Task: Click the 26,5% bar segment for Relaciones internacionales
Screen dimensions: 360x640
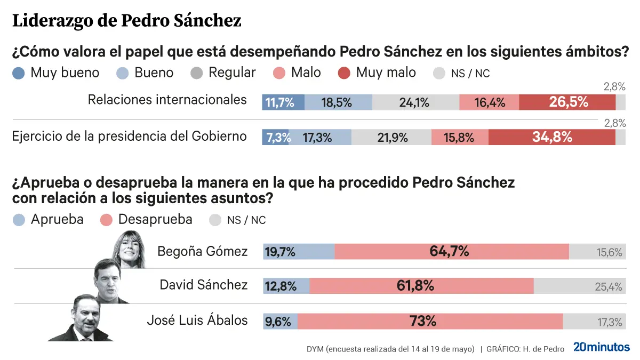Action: click(x=567, y=102)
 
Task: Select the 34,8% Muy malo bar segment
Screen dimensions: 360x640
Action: click(x=551, y=137)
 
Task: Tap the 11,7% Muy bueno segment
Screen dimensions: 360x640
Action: click(x=283, y=102)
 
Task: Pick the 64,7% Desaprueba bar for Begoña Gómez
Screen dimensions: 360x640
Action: click(x=451, y=251)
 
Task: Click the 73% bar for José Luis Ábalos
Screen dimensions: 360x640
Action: click(x=430, y=321)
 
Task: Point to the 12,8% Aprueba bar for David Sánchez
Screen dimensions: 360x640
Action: click(x=286, y=286)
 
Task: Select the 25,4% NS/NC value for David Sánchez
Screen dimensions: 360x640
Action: click(x=608, y=286)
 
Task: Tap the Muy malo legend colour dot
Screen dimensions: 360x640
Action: click(x=344, y=73)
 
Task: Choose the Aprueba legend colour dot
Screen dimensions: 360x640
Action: click(x=19, y=220)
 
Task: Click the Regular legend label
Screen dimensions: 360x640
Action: click(x=232, y=73)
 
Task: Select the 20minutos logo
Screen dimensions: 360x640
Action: click(x=601, y=347)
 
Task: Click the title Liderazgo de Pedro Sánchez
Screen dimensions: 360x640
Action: click(x=126, y=21)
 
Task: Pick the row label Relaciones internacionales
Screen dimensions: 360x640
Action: click(x=167, y=100)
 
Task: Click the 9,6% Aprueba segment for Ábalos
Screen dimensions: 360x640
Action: click(x=280, y=321)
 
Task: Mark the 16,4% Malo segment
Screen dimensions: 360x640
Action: click(x=489, y=102)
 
